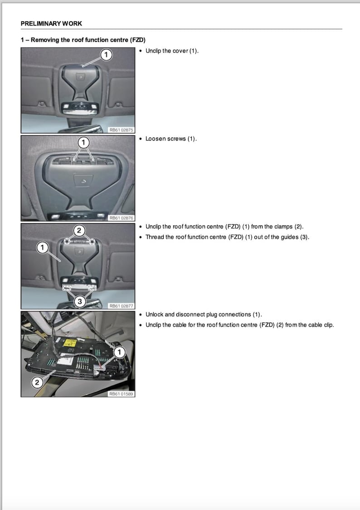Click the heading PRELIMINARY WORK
tap(51, 24)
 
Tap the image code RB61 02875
tap(121, 130)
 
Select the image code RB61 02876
tap(121, 218)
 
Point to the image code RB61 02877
tap(121, 306)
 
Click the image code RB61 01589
tap(121, 394)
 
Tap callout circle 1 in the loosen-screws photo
tap(83, 142)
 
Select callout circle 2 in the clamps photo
tap(79, 230)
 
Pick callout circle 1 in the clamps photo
tap(42, 247)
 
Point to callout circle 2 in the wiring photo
tap(37, 383)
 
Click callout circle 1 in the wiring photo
tap(119, 352)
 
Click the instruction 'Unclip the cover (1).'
tap(172, 51)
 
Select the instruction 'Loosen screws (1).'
tap(171, 139)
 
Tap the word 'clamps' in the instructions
tap(283, 226)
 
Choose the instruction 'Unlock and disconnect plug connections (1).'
tap(204, 314)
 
